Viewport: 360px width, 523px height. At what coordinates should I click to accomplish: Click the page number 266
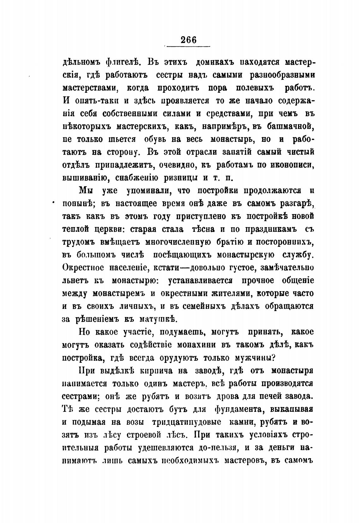189,40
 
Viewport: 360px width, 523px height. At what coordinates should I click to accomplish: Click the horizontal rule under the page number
188,47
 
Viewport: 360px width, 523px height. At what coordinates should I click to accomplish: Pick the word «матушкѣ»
153,319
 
